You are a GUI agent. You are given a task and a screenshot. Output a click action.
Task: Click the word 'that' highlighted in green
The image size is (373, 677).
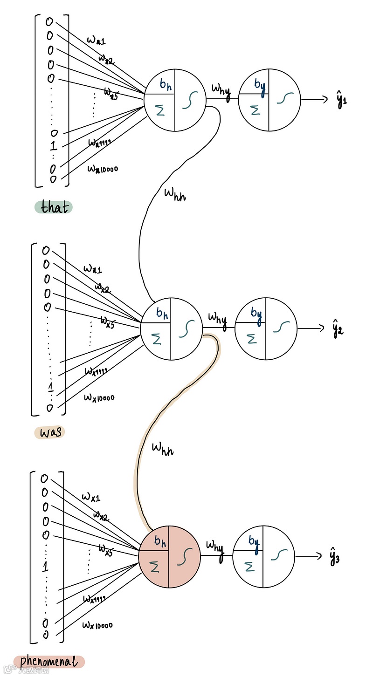point(54,207)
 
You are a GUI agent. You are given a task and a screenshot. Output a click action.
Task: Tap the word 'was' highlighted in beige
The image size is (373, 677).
point(49,432)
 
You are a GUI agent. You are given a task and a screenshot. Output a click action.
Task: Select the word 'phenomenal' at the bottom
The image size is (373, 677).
point(49,662)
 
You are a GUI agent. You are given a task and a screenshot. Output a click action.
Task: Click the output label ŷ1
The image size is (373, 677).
point(341,101)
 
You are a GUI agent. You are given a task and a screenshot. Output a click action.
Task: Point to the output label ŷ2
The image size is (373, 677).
point(338,329)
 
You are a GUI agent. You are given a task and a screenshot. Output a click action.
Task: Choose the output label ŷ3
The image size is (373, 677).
point(334,557)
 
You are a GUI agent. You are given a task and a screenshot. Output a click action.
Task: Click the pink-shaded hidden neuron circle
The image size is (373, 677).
point(169,556)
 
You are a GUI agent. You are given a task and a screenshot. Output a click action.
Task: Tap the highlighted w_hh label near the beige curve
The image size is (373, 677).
point(163,449)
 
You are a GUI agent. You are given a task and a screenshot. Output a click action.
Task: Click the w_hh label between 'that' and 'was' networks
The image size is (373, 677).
point(175,194)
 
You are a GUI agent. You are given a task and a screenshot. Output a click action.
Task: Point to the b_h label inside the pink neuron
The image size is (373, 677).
point(160,541)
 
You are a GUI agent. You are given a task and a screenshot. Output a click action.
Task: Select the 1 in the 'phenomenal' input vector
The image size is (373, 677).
point(45,567)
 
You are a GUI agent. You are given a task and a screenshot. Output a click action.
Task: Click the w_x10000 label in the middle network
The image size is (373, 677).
point(99,397)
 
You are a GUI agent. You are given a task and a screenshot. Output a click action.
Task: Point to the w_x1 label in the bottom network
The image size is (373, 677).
point(91,497)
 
